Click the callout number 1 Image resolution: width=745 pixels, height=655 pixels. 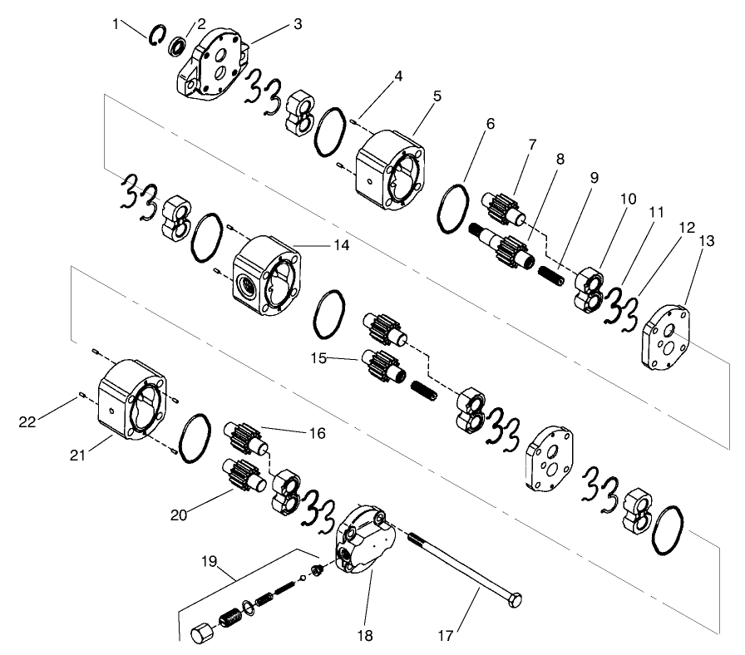tap(116, 24)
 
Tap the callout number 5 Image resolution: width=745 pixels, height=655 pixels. tap(437, 96)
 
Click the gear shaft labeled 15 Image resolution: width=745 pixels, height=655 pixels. tap(382, 365)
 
